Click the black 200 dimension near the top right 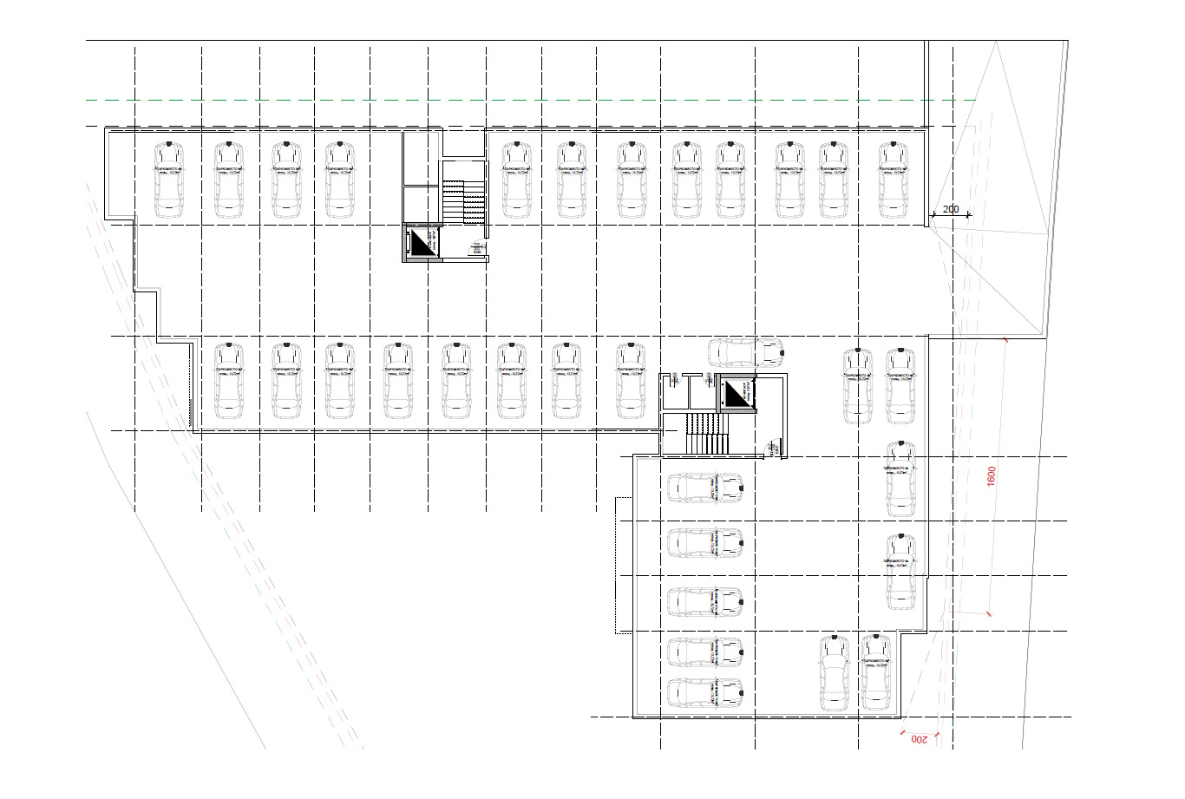950,209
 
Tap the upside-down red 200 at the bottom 919,739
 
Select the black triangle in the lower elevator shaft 737,394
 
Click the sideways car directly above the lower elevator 745,352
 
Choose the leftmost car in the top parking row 169,179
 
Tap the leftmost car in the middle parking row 229,382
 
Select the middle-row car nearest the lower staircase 632,382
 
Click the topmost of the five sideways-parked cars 704,488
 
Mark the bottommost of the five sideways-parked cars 704,693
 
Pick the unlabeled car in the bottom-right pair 834,672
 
